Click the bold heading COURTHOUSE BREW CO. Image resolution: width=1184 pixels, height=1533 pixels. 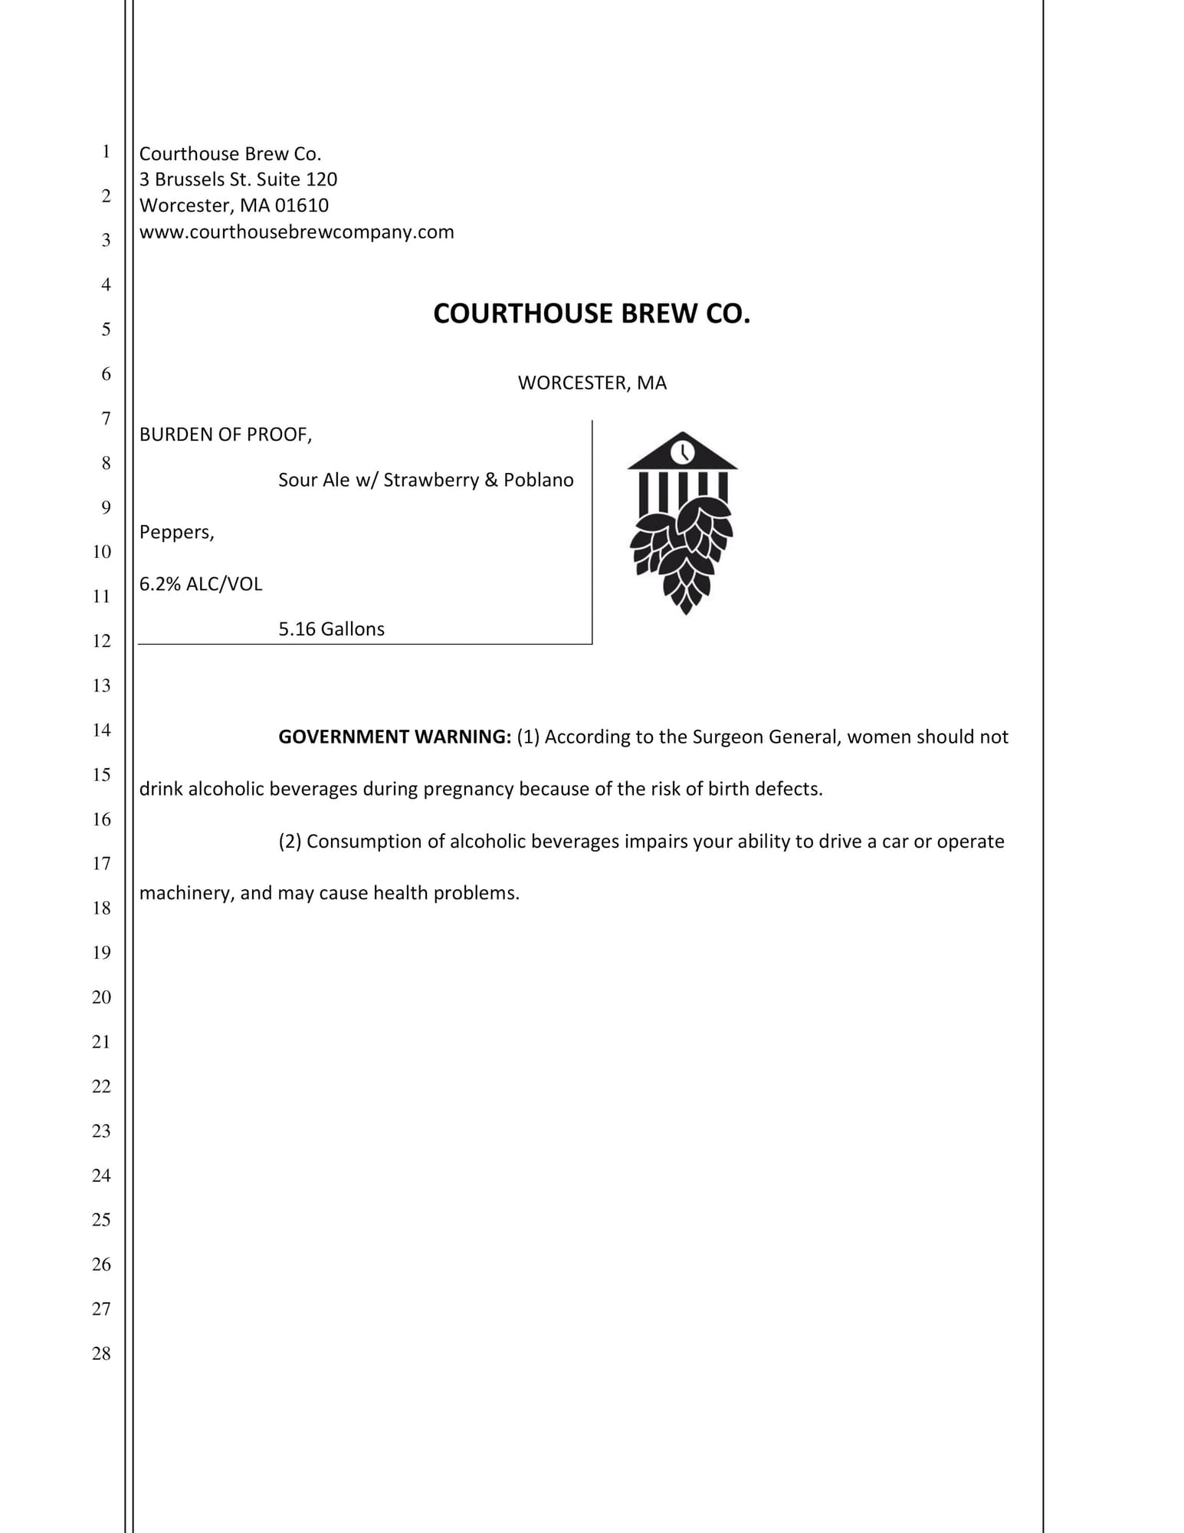[x=592, y=313]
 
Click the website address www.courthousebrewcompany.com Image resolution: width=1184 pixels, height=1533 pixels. [x=297, y=231]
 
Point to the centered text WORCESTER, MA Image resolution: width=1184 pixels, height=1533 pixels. [x=592, y=382]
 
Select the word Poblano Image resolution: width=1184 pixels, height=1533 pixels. [x=539, y=480]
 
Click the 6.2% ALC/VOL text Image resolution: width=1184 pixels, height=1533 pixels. [x=201, y=584]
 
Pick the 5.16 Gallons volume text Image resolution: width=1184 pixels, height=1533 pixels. [x=331, y=629]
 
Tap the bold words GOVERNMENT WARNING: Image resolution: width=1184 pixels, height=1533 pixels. [x=394, y=737]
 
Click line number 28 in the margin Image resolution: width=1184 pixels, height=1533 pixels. [x=101, y=1354]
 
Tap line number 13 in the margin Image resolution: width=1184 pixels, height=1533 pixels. [x=101, y=685]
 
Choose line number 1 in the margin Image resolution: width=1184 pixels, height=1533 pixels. [x=106, y=152]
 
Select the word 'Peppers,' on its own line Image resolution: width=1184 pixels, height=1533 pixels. [x=177, y=532]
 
